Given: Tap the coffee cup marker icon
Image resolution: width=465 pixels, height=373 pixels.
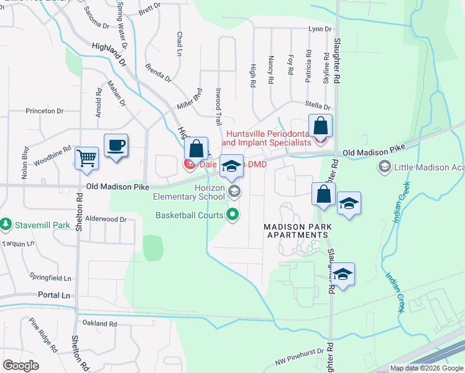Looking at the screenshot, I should (x=116, y=145).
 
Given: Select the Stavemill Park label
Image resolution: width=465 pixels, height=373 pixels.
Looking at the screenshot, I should (x=38, y=223).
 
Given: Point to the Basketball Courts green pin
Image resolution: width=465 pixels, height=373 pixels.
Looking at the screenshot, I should (x=233, y=216).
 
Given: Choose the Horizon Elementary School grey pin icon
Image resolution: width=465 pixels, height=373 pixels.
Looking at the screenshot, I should (x=234, y=191).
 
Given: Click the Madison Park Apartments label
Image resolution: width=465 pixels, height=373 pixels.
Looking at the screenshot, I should (x=297, y=231).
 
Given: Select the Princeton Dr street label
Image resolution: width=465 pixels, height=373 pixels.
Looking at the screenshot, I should (x=44, y=111).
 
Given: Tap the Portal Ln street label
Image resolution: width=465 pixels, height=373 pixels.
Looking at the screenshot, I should (x=54, y=295).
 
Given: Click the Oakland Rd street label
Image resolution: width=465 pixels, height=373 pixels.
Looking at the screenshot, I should (x=99, y=324).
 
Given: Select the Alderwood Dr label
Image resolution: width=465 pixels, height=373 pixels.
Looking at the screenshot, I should (x=106, y=219).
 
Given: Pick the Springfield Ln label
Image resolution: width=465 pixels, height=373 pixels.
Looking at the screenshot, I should (x=50, y=278).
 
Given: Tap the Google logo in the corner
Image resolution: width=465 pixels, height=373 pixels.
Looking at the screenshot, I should (x=21, y=366).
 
